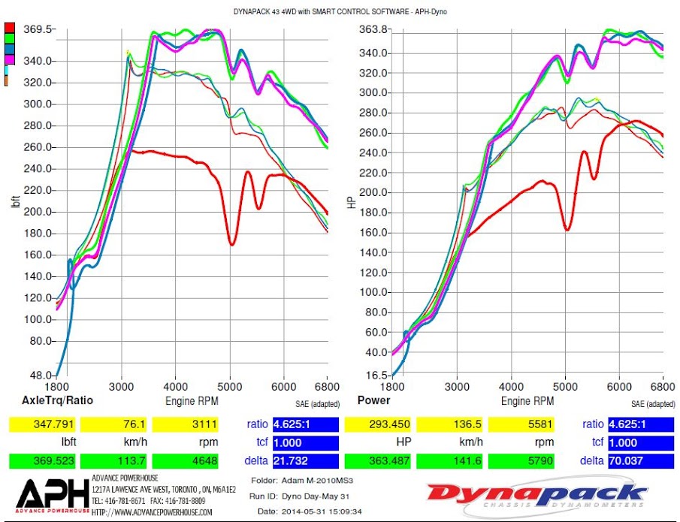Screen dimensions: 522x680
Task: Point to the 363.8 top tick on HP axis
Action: coord(373,29)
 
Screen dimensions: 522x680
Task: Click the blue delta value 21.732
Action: coord(305,460)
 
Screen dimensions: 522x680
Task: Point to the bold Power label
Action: coord(373,400)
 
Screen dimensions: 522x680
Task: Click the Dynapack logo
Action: coord(536,495)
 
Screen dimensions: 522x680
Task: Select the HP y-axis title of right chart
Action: coord(352,202)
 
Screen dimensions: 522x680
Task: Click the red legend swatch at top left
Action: coord(9,29)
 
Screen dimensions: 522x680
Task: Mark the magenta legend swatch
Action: coord(9,59)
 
